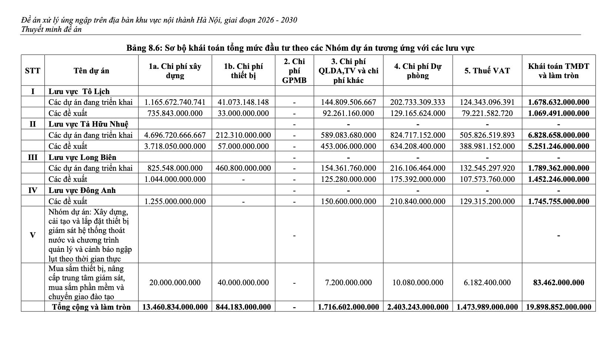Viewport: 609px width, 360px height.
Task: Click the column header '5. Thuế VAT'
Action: point(487,71)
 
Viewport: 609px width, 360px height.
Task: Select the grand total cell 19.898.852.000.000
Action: point(558,307)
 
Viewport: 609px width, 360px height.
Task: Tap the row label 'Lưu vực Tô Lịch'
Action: point(79,91)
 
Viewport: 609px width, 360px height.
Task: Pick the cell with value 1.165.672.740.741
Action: point(175,102)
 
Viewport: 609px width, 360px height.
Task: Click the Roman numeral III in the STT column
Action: point(33,157)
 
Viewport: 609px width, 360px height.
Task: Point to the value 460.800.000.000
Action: point(243,168)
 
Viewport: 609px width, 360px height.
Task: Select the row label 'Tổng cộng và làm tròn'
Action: point(91,307)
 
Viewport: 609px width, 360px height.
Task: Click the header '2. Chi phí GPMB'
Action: point(294,71)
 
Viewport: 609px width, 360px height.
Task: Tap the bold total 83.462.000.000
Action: point(558,283)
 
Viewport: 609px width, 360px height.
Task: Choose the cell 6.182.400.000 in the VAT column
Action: point(487,283)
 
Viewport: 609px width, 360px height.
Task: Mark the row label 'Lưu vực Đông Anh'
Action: point(82,190)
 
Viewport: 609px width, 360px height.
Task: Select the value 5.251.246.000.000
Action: point(558,146)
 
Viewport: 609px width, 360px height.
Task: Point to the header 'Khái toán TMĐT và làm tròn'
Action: point(558,71)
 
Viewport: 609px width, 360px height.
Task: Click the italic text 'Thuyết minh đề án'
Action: point(51,29)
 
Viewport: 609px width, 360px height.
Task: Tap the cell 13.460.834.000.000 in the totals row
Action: point(175,307)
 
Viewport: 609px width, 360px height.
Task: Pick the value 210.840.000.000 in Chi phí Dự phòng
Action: point(417,201)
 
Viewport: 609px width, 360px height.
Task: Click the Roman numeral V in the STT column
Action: point(33,235)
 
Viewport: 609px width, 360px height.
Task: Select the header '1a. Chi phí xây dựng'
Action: point(175,71)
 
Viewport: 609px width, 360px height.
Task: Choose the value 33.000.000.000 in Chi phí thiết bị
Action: point(243,113)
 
